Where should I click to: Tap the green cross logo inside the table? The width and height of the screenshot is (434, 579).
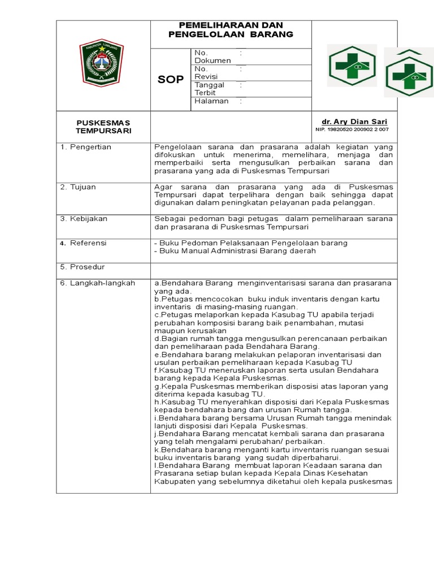click(x=352, y=66)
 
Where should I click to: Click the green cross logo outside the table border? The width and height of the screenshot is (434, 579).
click(x=409, y=72)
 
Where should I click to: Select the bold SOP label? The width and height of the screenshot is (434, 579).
click(x=170, y=80)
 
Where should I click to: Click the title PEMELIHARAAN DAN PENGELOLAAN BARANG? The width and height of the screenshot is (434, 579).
click(x=231, y=30)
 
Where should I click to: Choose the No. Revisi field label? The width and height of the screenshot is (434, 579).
click(x=207, y=72)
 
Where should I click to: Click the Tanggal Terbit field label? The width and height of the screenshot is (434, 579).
click(x=210, y=89)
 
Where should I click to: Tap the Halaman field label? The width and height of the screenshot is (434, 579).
click(x=211, y=101)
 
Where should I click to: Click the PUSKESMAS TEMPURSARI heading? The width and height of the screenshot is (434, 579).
click(x=103, y=127)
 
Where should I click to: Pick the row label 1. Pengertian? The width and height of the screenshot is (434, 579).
click(x=86, y=147)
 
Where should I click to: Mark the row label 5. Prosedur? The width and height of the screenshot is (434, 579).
click(x=83, y=267)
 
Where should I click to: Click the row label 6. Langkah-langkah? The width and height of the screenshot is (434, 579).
click(x=98, y=283)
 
